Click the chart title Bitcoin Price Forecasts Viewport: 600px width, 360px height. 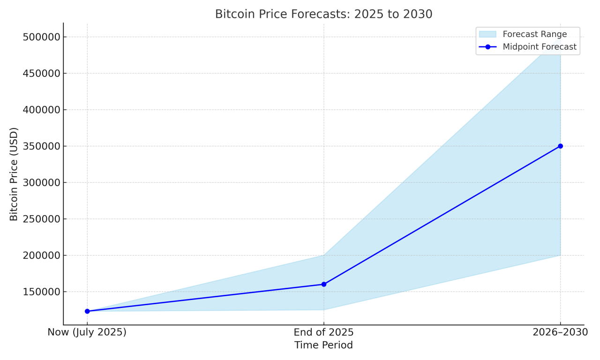[323, 14]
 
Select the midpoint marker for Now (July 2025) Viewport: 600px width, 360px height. [87, 311]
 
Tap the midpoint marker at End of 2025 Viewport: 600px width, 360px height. [324, 284]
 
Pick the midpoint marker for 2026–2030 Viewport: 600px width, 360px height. [560, 146]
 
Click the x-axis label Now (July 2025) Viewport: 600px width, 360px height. [87, 332]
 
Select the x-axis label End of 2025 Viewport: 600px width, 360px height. [324, 332]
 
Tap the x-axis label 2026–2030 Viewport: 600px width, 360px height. [560, 332]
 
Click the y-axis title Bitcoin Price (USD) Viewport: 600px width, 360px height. [14, 174]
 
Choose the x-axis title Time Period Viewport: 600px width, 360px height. [323, 345]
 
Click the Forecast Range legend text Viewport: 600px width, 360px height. [535, 34]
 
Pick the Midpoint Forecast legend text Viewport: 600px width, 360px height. [540, 47]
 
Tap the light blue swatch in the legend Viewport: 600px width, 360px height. [487, 34]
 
